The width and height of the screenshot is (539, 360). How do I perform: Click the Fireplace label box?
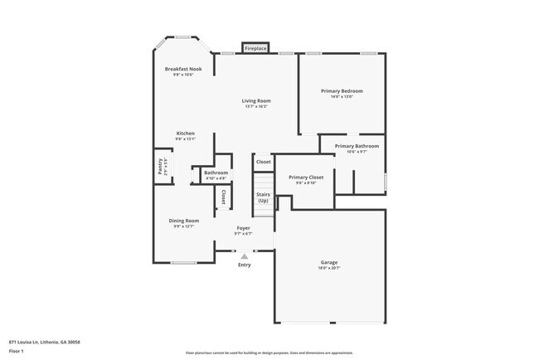255,49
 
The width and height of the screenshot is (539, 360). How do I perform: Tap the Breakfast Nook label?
183,69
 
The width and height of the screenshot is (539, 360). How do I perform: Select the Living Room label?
257,100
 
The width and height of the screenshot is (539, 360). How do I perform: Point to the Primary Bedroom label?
341,90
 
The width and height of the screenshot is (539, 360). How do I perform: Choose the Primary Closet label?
306,177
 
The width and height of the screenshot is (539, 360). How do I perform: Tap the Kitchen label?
185,134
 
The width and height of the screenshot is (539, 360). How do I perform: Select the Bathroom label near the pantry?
216,173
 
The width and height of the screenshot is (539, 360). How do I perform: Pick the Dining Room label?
182,220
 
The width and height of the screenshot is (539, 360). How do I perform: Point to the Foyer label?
243,227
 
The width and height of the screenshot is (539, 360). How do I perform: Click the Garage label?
329,263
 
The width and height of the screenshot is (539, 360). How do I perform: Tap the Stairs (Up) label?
263,198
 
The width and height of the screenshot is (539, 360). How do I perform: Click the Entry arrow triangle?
244,256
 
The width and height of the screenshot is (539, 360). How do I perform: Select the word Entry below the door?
244,265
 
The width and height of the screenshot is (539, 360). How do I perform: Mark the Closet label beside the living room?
263,162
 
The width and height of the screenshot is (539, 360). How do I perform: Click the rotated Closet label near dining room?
223,197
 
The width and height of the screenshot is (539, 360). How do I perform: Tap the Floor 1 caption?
17,351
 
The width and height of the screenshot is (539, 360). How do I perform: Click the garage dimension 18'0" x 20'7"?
329,269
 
